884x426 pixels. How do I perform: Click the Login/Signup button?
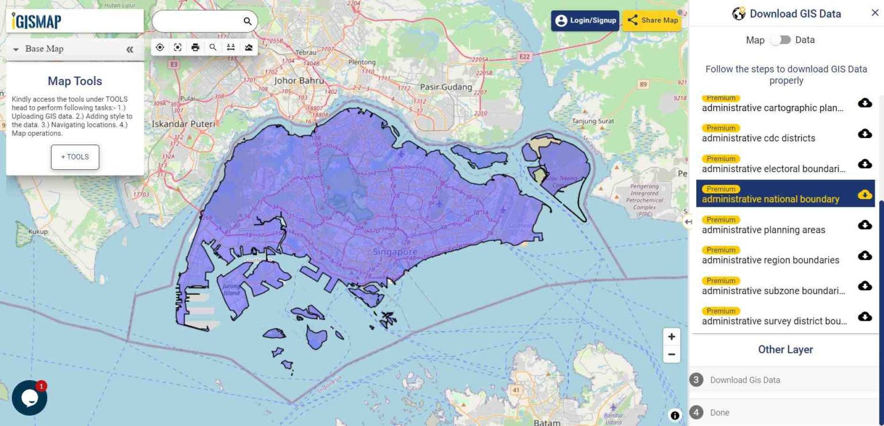pos(585,21)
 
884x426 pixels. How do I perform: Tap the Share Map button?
pos(652,21)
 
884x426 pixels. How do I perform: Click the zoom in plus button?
pos(671,337)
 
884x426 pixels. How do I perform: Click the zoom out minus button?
pos(671,355)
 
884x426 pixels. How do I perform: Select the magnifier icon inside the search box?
pos(247,21)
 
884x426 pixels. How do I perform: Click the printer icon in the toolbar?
pos(195,47)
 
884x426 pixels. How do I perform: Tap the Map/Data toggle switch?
pos(780,40)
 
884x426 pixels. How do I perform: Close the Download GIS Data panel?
pos(875,13)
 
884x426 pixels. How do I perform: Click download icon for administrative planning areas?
pos(864,225)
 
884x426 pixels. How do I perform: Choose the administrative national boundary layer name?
pos(770,199)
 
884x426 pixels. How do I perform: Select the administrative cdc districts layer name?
pos(758,138)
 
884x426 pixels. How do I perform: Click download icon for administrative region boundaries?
pos(864,255)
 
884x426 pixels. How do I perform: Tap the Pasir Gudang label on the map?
pos(445,88)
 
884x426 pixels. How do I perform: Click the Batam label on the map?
pos(547,422)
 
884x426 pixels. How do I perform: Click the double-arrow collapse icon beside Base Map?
pos(130,50)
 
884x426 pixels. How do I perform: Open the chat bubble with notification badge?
pos(29,397)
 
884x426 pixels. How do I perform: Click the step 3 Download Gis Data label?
pos(745,380)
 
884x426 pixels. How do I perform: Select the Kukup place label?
pos(39,232)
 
